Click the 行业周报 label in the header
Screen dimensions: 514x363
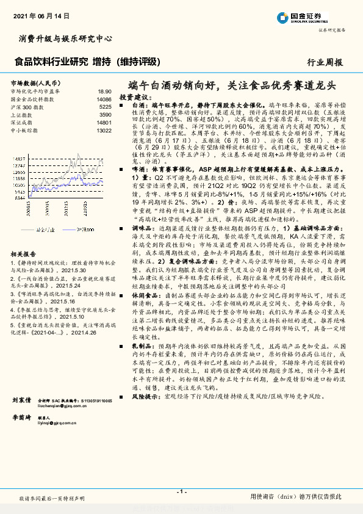coord(325,62)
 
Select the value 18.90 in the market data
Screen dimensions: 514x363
coord(104,90)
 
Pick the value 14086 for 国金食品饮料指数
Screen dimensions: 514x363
coord(103,98)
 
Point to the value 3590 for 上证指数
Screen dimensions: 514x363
coord(105,114)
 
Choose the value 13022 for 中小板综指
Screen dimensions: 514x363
coord(103,130)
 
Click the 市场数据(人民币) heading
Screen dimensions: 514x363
coord(35,82)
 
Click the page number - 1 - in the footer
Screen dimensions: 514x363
coord(181,491)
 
